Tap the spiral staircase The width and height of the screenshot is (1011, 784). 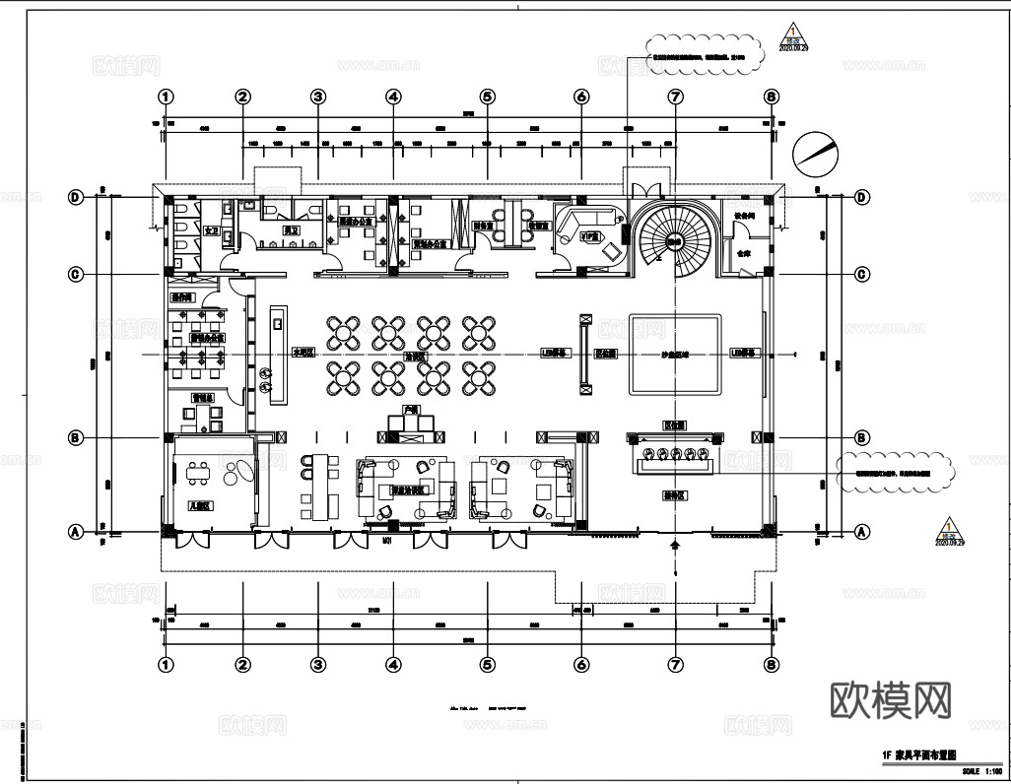coord(675,240)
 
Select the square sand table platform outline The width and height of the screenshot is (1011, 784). coord(675,354)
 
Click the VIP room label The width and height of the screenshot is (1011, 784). coord(589,237)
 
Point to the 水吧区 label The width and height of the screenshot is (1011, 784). coord(303,352)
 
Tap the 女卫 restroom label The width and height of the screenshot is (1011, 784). coord(210,230)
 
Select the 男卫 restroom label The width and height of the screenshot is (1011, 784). coord(291,230)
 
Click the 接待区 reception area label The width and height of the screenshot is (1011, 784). coord(675,495)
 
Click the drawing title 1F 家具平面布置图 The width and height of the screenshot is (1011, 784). coord(918,752)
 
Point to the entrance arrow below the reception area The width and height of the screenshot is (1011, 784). coord(675,545)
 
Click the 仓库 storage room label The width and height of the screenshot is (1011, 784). coord(740,252)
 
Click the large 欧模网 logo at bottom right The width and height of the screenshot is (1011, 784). coord(892,700)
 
